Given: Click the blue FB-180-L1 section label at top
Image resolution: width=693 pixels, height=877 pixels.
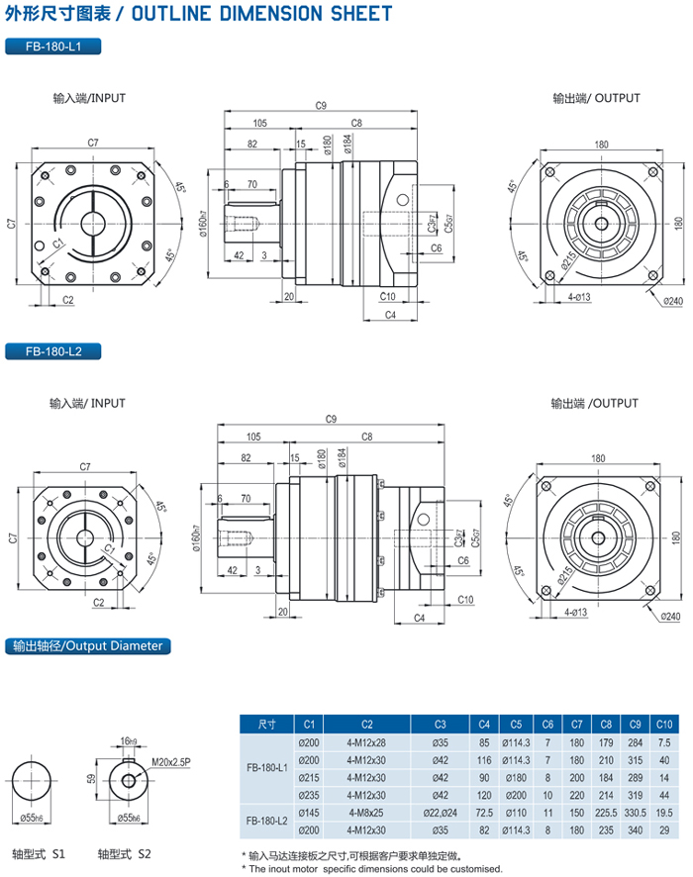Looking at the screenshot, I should (53, 47).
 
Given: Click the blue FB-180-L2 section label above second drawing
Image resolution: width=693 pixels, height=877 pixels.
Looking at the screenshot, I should (53, 351).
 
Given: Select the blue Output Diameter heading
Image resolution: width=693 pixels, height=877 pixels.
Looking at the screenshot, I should (88, 646).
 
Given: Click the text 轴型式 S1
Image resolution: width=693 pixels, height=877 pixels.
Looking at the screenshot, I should (39, 853).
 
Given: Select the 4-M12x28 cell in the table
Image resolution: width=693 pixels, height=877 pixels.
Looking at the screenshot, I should (366, 742).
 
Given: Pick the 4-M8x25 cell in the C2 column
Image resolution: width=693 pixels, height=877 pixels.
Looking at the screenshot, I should (366, 811).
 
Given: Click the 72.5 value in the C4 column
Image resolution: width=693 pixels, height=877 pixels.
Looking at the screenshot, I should (483, 811).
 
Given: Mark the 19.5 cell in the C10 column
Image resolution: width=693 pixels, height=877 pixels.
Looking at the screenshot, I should (663, 811).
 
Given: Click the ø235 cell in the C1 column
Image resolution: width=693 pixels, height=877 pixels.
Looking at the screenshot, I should (309, 794).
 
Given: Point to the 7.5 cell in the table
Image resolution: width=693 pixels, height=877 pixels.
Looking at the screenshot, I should (663, 742).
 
